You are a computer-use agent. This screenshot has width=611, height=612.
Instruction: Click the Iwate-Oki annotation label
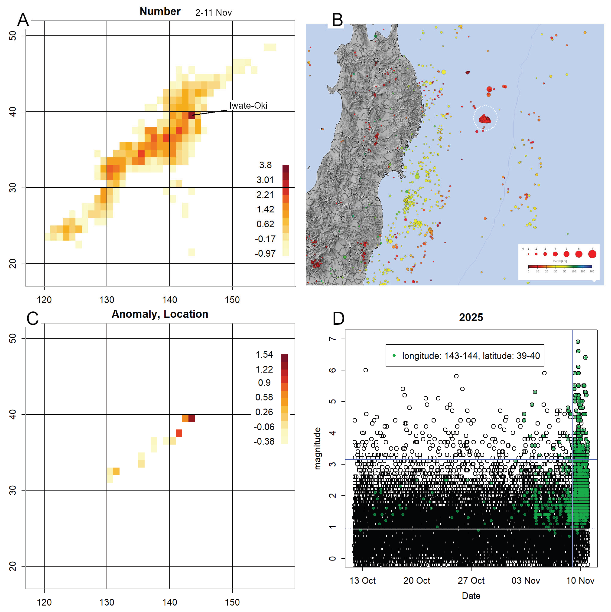tap(248, 105)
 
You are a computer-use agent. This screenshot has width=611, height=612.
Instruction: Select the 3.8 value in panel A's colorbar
tap(265, 165)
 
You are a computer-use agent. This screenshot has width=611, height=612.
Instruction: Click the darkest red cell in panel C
tap(191, 418)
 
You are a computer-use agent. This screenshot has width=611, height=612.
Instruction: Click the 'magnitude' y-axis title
tap(317, 448)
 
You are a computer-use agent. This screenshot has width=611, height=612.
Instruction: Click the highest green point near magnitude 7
tap(578, 342)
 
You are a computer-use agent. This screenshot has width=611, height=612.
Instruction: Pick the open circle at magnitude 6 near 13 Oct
tap(366, 370)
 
